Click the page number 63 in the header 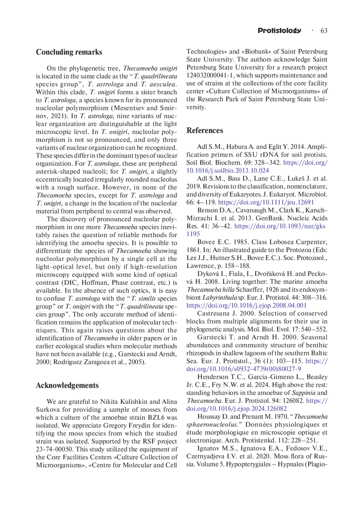324,31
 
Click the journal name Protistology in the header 279,31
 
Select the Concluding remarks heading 69,52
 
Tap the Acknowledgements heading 67,385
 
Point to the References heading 205,130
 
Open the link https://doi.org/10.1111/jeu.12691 266,202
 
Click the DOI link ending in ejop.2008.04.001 246,305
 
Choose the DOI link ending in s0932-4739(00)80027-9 244,369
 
